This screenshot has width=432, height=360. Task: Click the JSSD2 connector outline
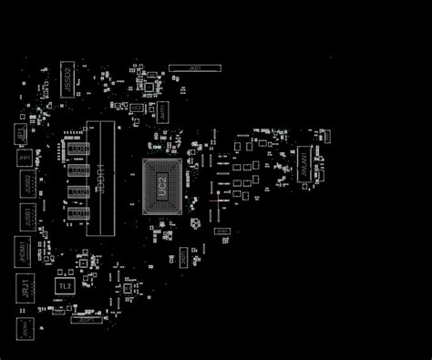point(67,77)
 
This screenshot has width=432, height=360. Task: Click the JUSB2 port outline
point(28,184)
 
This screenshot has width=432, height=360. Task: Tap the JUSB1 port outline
point(28,218)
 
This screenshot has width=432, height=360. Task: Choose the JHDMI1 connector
point(22,252)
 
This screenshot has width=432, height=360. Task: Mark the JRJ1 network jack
point(24,290)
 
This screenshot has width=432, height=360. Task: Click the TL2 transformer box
point(65,286)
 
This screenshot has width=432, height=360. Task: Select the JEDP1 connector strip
point(87,320)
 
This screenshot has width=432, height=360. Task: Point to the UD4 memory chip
point(78,148)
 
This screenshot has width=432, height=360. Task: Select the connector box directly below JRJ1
point(25,326)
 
